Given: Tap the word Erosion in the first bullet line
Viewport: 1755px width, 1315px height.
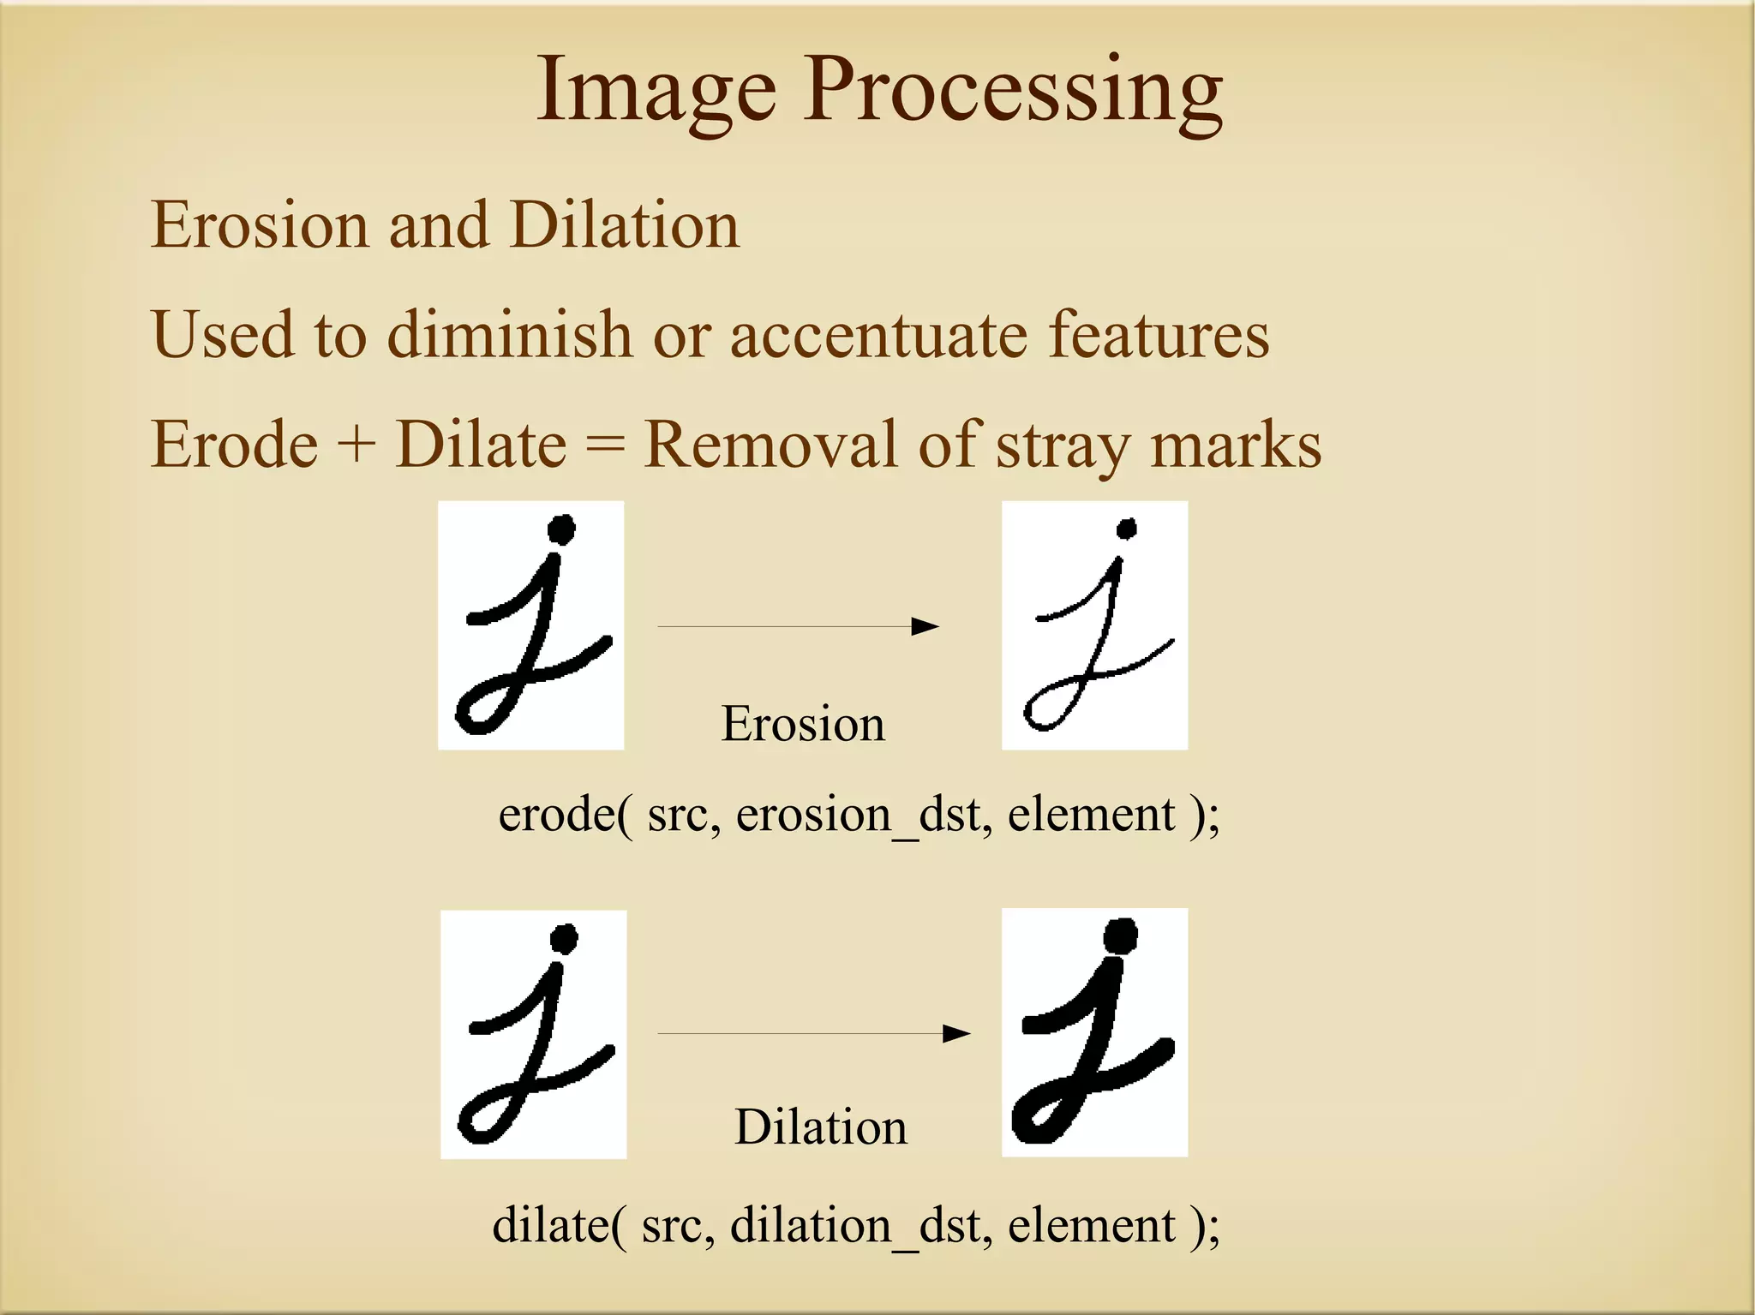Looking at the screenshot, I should pos(259,225).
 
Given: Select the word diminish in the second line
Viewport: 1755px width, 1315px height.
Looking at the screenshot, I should pos(509,334).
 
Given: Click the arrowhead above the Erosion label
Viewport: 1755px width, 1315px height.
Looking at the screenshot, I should pos(925,626).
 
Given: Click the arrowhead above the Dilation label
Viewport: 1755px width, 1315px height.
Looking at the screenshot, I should pos(956,1033).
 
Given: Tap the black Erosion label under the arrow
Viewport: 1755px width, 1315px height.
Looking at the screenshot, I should pos(803,724).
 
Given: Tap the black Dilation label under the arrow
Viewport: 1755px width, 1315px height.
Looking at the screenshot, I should pos(820,1127).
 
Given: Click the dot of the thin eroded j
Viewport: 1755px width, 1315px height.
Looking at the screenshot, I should pos(1127,529).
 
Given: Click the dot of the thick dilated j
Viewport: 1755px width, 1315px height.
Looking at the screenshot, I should pos(1120,935).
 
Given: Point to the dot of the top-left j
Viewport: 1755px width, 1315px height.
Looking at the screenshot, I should pos(561,529).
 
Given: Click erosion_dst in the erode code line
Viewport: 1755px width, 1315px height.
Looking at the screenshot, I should pos(864,815).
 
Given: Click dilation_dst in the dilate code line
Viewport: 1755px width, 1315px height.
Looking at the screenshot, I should pos(860,1225).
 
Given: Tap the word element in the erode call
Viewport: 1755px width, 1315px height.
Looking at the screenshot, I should pos(1091,815).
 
